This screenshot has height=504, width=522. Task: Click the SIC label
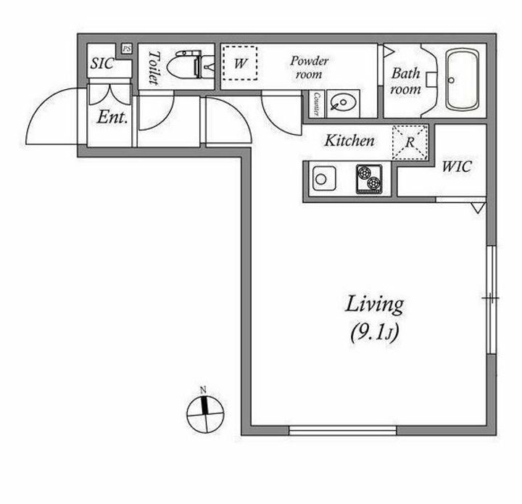(101, 63)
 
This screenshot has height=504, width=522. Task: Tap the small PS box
(126, 49)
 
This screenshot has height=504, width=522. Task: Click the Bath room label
(406, 80)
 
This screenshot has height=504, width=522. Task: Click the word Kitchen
(349, 141)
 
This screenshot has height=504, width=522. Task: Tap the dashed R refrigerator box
(410, 141)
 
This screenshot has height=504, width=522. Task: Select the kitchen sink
(323, 178)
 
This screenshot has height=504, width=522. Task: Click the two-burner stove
(369, 179)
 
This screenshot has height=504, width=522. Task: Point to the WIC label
(456, 167)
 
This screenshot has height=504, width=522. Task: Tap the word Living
(373, 304)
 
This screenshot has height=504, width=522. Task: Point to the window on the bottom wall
(342, 430)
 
